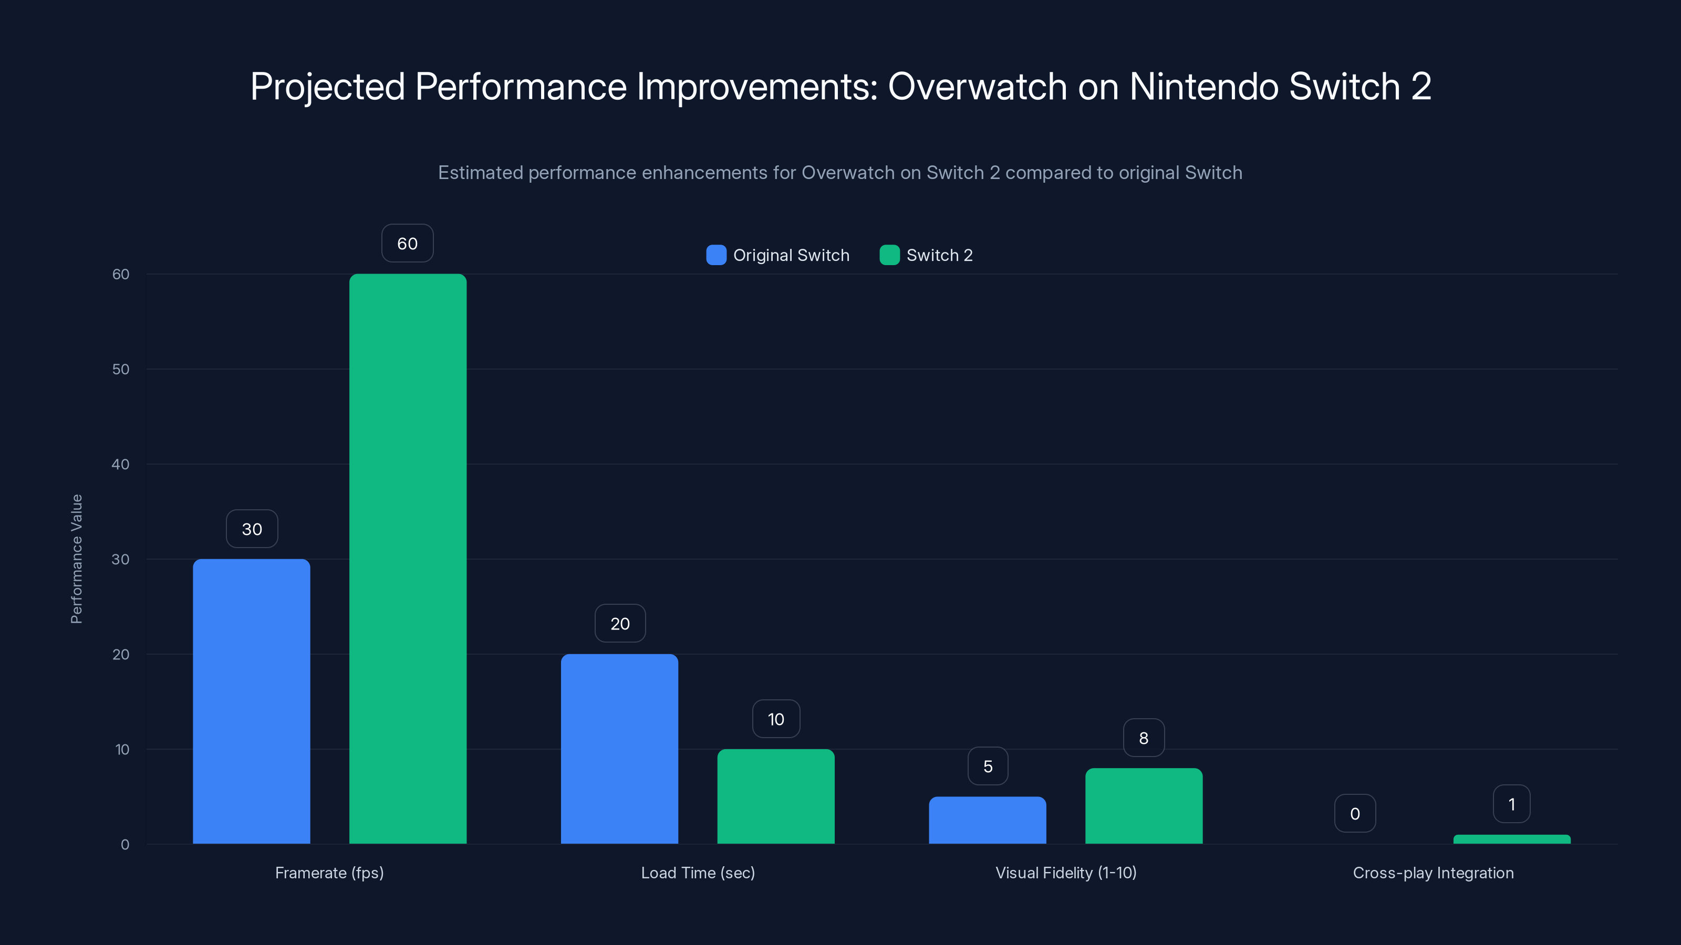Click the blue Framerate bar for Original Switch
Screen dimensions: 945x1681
(251, 701)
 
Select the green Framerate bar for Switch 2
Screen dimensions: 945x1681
(408, 559)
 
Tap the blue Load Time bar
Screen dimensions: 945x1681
(619, 749)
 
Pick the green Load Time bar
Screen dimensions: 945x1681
(776, 796)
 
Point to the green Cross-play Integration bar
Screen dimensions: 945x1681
(1512, 839)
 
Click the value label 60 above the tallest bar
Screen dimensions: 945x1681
(407, 243)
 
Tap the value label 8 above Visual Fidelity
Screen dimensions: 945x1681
(1143, 738)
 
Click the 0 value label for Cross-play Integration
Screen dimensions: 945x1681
(1355, 813)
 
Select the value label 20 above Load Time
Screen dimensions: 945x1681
(620, 624)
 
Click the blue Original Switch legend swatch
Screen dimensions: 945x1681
(716, 255)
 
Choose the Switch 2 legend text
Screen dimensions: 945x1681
(939, 255)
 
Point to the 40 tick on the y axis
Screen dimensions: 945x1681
(120, 464)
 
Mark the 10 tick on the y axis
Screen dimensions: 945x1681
(122, 749)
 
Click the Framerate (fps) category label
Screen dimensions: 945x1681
(329, 873)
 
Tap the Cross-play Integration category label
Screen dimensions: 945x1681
(1433, 873)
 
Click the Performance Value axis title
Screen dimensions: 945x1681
(76, 559)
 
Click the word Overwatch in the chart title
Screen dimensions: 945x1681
(977, 87)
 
